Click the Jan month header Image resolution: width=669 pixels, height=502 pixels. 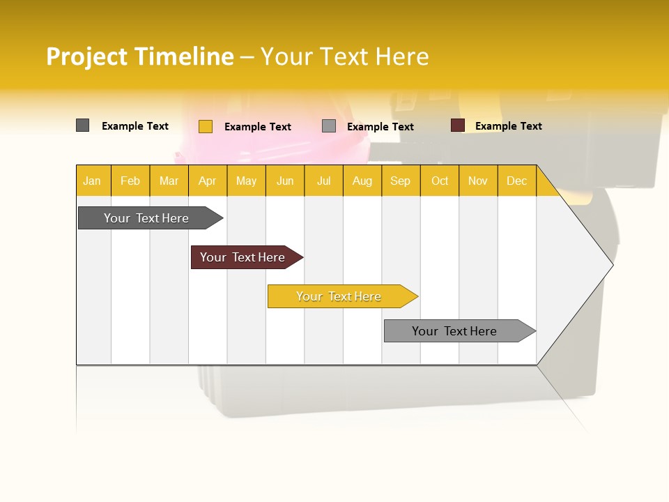(93, 181)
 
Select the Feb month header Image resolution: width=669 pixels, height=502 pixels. (130, 181)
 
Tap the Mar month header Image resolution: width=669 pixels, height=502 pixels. (169, 181)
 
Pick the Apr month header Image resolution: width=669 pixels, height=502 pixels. (208, 181)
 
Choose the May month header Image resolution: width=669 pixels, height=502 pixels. (246, 181)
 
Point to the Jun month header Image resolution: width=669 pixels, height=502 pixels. (285, 181)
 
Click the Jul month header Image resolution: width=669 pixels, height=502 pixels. (323, 181)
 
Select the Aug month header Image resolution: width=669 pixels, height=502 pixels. (362, 181)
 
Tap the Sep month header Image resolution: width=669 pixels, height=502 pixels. (401, 181)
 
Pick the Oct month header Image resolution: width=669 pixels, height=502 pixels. (440, 181)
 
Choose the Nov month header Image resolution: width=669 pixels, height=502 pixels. (478, 181)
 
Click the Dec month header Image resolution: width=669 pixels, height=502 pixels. (516, 181)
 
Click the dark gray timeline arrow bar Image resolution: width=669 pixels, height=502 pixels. (147, 218)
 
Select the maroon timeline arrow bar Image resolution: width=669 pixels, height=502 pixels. (243, 257)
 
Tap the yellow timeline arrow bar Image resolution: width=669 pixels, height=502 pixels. (339, 296)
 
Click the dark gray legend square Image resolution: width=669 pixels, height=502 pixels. (82, 125)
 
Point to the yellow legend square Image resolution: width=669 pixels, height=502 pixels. (206, 126)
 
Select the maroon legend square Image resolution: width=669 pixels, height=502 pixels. (458, 125)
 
